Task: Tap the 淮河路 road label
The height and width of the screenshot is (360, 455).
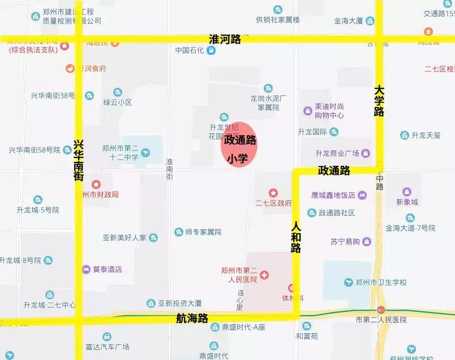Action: [x=225, y=39]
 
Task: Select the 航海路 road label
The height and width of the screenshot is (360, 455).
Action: [x=191, y=318]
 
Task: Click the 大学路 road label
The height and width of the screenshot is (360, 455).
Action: [x=379, y=101]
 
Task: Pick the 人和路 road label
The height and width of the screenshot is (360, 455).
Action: [x=296, y=236]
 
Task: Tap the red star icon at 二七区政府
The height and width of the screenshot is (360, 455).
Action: [x=273, y=193]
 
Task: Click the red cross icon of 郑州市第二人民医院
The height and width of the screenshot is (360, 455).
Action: [x=264, y=275]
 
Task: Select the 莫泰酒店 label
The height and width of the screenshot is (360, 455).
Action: [x=108, y=269]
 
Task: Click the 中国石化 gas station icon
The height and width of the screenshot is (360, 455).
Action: [x=211, y=50]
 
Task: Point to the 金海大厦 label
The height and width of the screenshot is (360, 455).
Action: [x=348, y=21]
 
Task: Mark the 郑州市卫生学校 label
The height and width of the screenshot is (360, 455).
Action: [x=377, y=282]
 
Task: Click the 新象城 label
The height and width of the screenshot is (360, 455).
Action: [x=407, y=202]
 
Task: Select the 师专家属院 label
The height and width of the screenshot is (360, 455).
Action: [x=203, y=232]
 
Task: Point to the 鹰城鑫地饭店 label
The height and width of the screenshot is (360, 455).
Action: [x=333, y=195]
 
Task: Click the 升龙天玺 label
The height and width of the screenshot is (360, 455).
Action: [x=426, y=135]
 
